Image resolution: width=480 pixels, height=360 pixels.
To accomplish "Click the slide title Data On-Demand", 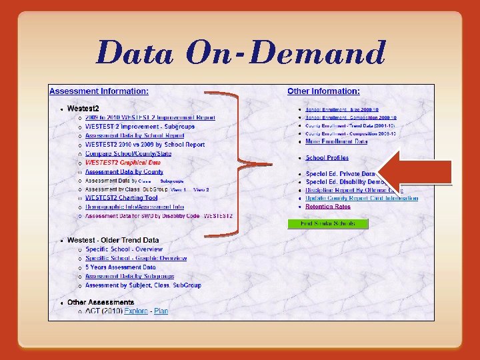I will coord(241,53).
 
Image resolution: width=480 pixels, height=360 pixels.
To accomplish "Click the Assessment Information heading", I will coord(99,91).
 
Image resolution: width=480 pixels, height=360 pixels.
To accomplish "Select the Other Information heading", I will coord(323,91).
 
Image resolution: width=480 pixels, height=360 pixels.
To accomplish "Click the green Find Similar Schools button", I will coord(328,223).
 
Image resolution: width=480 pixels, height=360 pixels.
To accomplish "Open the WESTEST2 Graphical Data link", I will coord(123,162).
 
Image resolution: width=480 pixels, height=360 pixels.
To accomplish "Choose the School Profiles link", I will coord(327,158).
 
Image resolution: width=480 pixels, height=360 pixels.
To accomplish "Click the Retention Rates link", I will coord(328,207).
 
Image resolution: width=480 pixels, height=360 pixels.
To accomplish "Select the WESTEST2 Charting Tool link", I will coord(121,198).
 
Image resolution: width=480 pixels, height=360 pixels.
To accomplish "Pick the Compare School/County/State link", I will coord(128,153).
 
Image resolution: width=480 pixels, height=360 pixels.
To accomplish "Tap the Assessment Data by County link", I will coord(124,171).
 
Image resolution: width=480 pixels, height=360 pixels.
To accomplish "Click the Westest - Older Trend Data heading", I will coord(113,240).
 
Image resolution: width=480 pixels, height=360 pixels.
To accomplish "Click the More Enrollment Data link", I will coord(336,141).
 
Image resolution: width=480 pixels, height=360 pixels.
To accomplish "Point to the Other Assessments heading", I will coord(101,303).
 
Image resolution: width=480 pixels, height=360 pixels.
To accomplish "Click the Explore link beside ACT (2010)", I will coord(136,311).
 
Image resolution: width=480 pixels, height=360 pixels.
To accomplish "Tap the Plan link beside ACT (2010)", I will coord(161,311).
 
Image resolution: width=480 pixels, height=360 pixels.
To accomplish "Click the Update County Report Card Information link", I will coord(361,198).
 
